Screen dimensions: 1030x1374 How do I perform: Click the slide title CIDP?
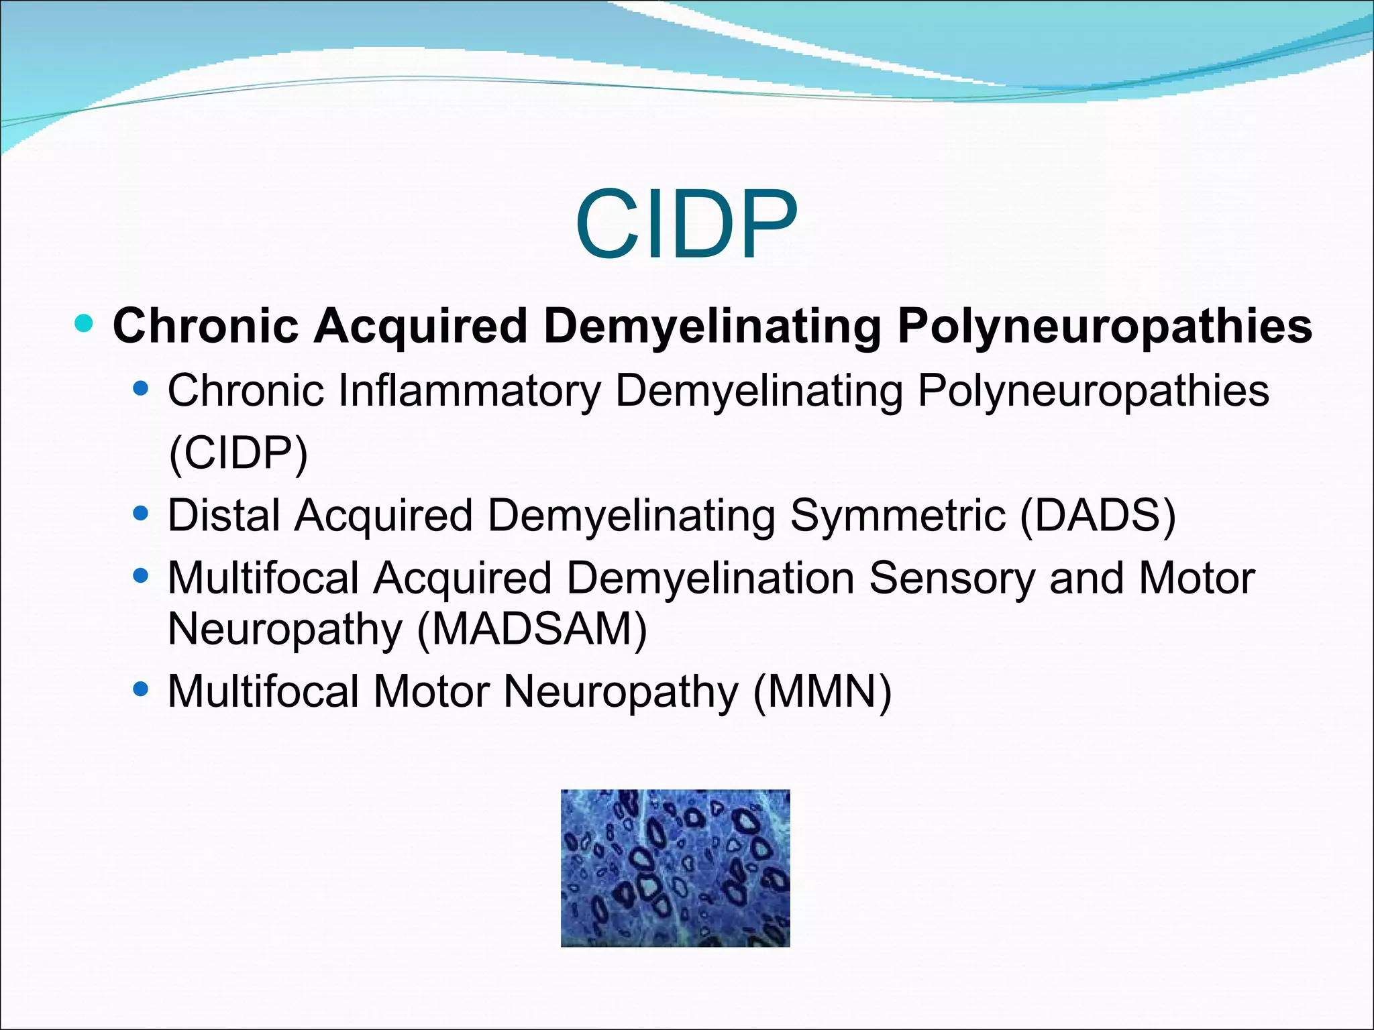[686, 225]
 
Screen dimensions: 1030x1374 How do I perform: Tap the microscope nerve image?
[675, 868]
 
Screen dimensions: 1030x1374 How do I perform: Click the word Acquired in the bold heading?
[421, 327]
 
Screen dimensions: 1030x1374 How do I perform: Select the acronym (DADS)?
[1098, 516]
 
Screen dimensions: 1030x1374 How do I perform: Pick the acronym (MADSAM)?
[532, 629]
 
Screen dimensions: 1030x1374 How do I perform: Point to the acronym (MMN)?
[823, 691]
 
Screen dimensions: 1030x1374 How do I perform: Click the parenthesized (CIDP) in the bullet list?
[238, 453]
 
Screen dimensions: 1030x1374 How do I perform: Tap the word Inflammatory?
[470, 390]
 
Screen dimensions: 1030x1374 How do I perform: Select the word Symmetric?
[897, 516]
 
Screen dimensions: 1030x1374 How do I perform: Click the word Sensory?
[952, 578]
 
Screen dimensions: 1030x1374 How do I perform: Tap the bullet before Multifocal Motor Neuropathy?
[141, 689]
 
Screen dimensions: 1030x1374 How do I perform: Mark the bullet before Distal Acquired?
[141, 514]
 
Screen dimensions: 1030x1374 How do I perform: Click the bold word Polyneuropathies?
[1104, 327]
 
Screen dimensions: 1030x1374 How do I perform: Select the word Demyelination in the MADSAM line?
[710, 578]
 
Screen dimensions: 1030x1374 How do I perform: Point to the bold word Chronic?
[206, 327]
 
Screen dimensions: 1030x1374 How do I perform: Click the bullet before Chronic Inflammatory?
[141, 388]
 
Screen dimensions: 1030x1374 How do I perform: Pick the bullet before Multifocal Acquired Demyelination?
[141, 576]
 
